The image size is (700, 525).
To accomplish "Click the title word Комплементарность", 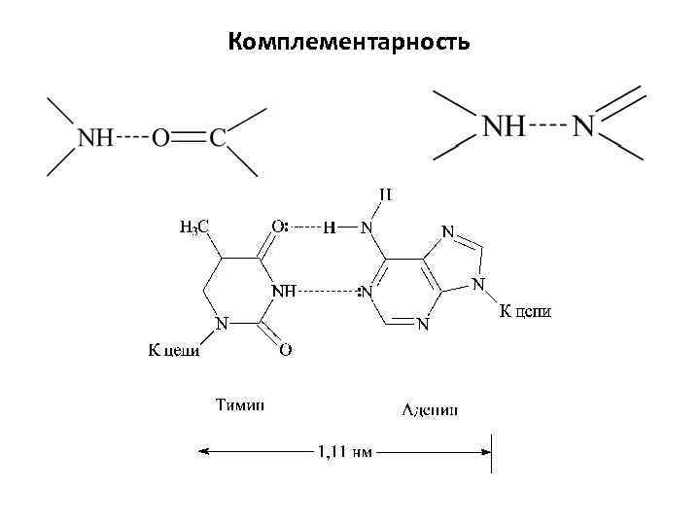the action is coord(350,42).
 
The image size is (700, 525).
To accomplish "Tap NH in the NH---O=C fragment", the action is coord(96,137).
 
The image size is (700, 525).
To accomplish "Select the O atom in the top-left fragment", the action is coord(160,137).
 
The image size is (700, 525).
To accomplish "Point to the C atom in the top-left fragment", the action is coord(218,137).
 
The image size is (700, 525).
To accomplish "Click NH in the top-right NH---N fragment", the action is coord(504,126).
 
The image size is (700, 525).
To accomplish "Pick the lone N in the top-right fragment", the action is coord(583,126).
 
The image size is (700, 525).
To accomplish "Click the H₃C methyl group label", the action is coord(194,227).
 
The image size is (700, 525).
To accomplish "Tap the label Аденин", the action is coord(431,409).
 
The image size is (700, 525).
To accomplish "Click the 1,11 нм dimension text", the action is coord(344,450).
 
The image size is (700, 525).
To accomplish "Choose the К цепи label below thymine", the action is coord(173,349).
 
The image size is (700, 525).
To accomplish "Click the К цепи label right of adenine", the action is coord(525,311).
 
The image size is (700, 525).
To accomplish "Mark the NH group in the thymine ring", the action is coord(283,290).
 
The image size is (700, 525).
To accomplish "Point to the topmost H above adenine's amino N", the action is coord(385,194).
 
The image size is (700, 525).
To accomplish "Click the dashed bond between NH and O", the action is coord(132,137).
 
